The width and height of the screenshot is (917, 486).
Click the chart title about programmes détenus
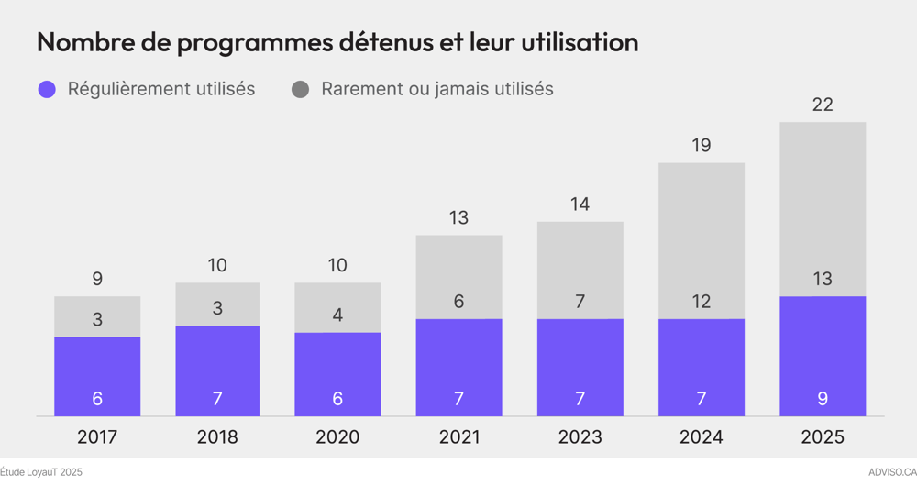[337, 42]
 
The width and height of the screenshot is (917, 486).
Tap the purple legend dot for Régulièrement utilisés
[47, 89]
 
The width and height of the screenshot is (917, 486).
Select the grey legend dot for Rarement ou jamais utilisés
[300, 89]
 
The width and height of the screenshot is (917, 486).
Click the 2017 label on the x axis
[97, 437]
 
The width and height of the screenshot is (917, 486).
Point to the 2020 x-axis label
[337, 437]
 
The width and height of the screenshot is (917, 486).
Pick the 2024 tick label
[702, 437]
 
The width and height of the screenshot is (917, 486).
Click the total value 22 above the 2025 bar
[823, 105]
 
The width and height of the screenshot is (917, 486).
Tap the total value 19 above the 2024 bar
[702, 145]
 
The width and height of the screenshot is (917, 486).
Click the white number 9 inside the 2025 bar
[823, 399]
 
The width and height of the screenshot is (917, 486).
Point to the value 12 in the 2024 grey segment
[702, 301]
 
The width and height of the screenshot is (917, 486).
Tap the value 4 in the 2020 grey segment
[337, 315]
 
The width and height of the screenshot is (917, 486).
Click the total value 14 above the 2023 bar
[580, 204]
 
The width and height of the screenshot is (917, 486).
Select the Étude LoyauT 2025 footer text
[41, 472]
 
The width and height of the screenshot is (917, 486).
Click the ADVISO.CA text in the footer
[891, 472]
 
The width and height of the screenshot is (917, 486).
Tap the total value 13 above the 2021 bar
[458, 217]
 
